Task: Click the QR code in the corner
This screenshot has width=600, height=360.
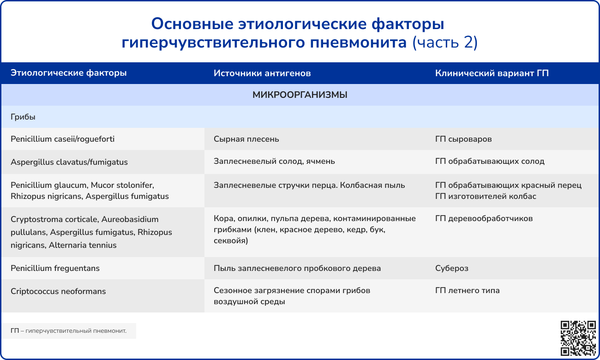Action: [x=578, y=338]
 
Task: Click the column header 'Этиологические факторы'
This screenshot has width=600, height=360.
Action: [x=68, y=73]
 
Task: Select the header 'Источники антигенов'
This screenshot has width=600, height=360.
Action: [x=262, y=73]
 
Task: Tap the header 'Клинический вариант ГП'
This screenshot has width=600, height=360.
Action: [x=492, y=73]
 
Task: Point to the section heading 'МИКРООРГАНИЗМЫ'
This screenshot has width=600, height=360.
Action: [x=300, y=95]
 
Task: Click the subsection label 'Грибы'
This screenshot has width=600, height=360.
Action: [x=23, y=117]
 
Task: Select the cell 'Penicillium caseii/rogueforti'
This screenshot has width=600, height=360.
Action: [x=62, y=139]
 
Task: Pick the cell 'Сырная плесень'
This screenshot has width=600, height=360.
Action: [x=246, y=139]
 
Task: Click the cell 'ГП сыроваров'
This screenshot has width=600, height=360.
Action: [x=463, y=139]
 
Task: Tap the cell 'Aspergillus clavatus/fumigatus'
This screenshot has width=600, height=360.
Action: [x=69, y=162]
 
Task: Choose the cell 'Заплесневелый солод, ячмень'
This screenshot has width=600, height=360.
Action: [x=274, y=161]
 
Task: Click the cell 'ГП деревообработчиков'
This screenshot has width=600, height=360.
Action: [x=484, y=218]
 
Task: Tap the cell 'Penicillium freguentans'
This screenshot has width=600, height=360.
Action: [x=55, y=268]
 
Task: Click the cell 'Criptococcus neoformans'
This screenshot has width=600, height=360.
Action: [x=58, y=291]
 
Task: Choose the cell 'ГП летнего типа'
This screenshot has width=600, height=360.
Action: [x=467, y=290]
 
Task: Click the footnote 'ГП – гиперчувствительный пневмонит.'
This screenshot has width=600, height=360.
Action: [x=68, y=331]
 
